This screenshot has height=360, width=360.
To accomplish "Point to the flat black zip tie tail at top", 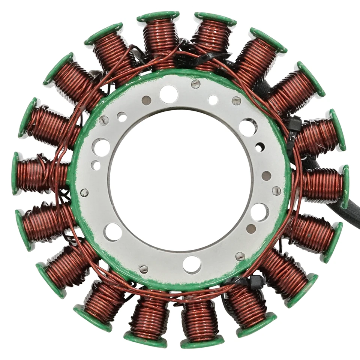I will coord(210,57).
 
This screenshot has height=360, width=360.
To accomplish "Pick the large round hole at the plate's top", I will coord(168,94).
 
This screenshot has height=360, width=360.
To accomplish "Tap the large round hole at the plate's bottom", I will coord(192,264).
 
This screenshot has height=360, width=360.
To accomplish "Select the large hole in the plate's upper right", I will coord(248,127).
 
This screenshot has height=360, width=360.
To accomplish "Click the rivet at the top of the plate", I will coord(195,84).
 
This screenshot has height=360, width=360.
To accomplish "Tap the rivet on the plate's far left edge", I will coord(84,192).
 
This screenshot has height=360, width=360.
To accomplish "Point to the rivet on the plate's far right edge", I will coord(276,191).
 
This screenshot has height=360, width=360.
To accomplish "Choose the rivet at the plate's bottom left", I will coord(144,269).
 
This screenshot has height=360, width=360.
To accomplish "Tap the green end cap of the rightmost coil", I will coord(345,186).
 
